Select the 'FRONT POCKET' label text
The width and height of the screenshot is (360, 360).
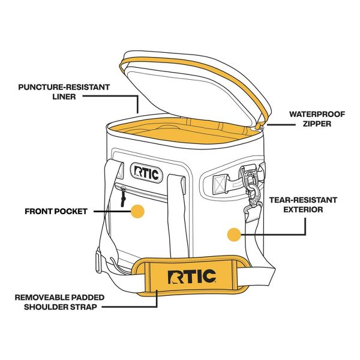click(x=56, y=211)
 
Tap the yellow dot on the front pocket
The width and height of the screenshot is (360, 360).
click(x=138, y=211)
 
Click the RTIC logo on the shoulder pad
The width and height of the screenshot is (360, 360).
click(x=193, y=277)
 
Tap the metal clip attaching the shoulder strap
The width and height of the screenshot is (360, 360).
click(x=248, y=184)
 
